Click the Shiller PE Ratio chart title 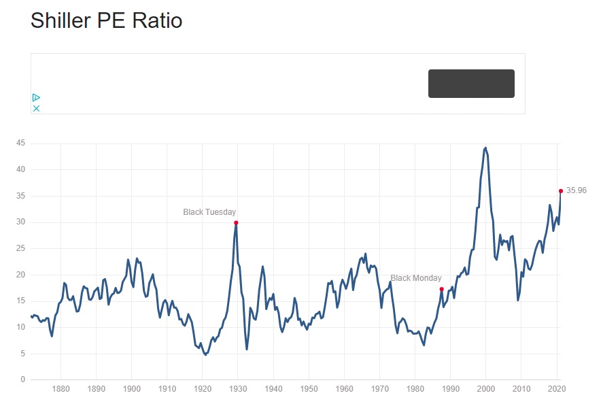(x=106, y=20)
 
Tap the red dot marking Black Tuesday (x=236, y=222)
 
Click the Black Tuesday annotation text (x=209, y=212)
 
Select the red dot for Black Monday (x=442, y=289)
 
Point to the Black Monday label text (x=416, y=278)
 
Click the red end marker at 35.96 (x=561, y=191)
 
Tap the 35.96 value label (x=577, y=190)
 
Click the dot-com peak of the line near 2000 (x=485, y=148)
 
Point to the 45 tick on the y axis (x=21, y=143)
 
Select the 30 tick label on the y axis (x=21, y=222)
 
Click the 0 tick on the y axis (x=23, y=379)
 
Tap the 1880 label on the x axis (x=61, y=390)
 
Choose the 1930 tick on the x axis (x=238, y=390)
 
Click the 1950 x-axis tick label (x=309, y=390)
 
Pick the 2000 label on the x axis (x=485, y=390)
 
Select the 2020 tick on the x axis (x=556, y=390)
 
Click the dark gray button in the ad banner (x=471, y=84)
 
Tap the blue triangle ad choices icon (x=37, y=98)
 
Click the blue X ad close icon (x=37, y=108)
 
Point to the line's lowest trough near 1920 (x=205, y=354)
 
